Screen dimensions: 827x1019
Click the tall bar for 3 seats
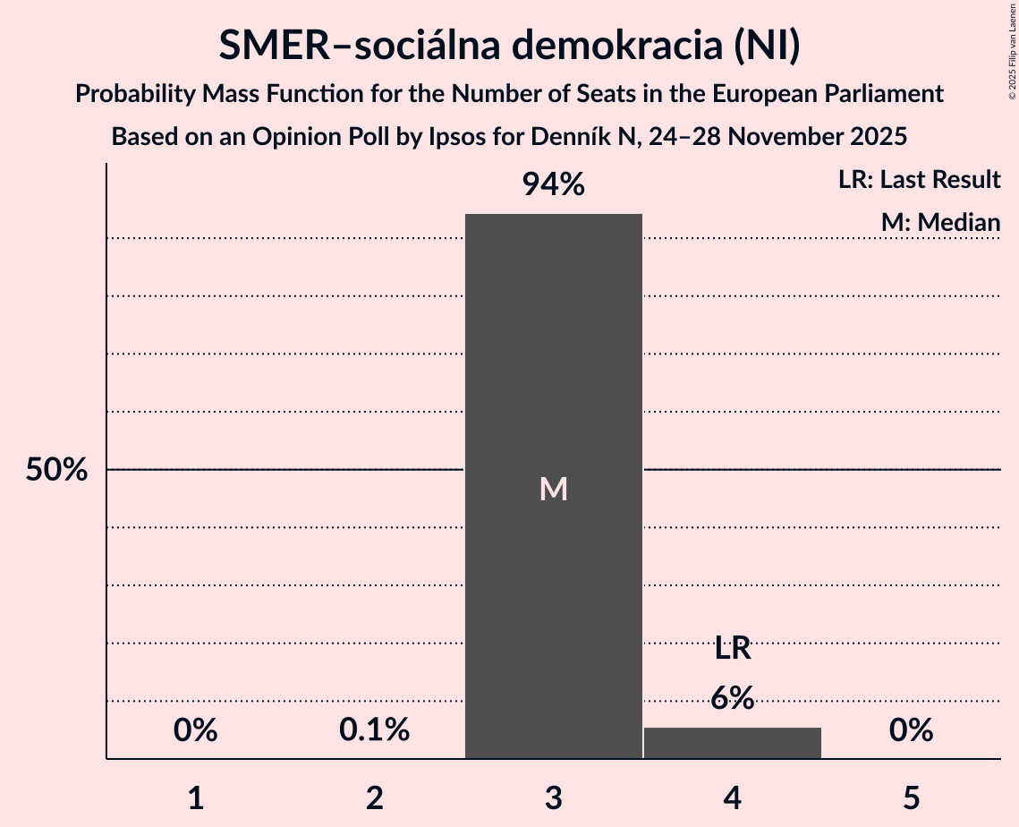(x=554, y=358)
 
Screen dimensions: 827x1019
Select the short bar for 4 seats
(x=733, y=743)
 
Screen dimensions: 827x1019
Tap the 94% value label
(x=554, y=185)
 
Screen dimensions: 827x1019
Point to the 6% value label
(x=733, y=698)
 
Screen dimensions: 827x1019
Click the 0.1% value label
(x=375, y=730)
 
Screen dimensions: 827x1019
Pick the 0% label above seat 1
(x=196, y=730)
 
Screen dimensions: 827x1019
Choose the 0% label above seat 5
(x=912, y=730)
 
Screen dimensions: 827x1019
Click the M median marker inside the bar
(x=554, y=489)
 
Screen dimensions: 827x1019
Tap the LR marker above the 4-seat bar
(x=733, y=648)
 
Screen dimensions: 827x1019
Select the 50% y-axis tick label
(x=56, y=470)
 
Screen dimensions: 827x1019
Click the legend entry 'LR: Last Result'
(x=919, y=180)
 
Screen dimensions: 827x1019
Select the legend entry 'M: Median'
(x=940, y=222)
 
